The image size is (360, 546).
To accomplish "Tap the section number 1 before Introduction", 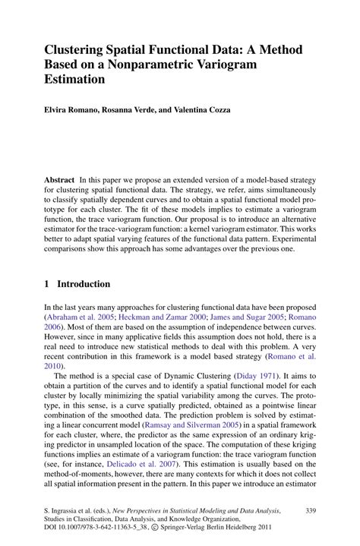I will pos(47,284).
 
